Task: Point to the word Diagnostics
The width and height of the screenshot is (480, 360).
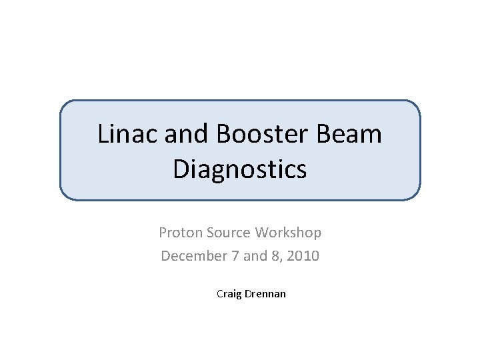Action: click(240, 169)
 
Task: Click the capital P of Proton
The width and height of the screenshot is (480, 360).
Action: click(162, 233)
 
